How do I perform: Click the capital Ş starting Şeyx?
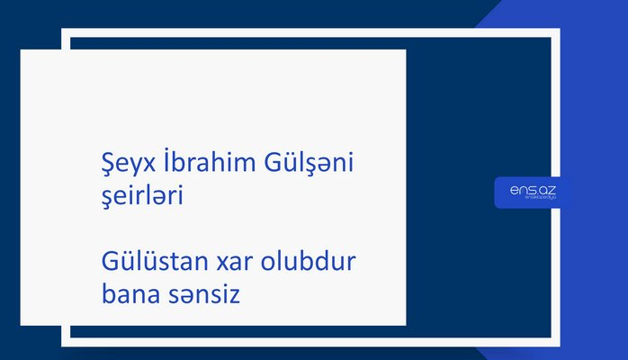[103, 164]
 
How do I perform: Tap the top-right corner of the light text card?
[405, 50]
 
